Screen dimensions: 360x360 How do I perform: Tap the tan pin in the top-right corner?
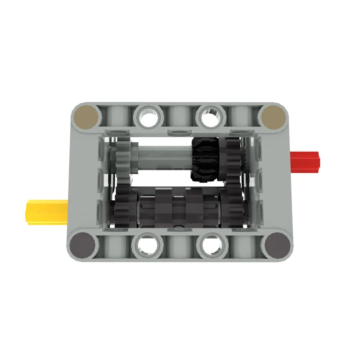274,116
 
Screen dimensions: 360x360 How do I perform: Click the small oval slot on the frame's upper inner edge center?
179,133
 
